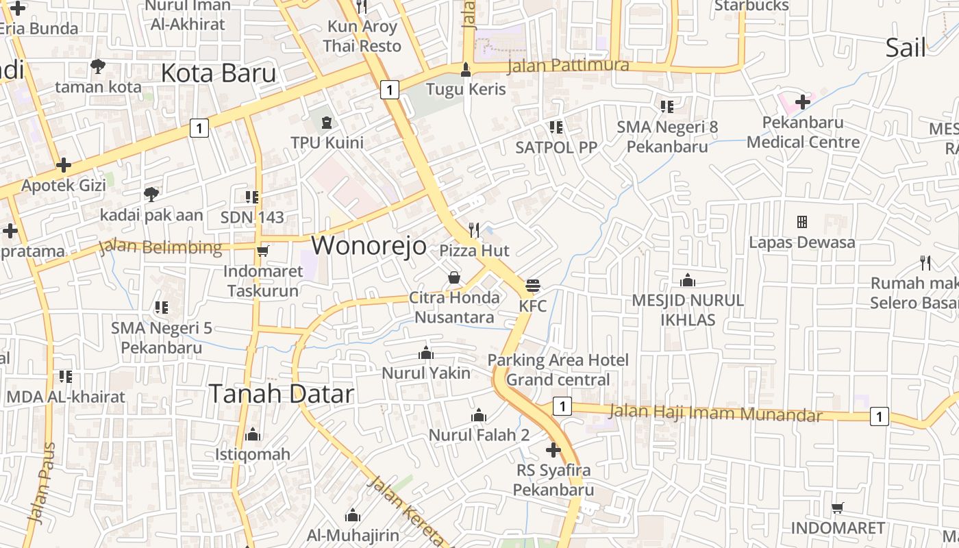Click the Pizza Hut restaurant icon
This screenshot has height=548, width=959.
(473, 230)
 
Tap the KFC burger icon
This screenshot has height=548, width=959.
(533, 286)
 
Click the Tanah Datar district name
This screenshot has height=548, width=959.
(281, 394)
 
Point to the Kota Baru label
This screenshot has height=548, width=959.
(218, 73)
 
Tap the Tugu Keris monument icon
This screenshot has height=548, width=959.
(466, 69)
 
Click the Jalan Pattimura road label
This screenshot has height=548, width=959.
(568, 66)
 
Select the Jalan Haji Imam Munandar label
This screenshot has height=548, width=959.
(715, 413)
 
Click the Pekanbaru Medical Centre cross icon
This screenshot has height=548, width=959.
(802, 103)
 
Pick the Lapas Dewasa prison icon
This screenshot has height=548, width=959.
(801, 222)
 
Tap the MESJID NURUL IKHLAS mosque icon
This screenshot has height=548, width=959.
(687, 280)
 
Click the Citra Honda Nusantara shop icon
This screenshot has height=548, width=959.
(453, 277)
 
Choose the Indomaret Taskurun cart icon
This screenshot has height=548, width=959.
(262, 251)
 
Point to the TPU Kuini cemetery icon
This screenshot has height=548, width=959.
(327, 123)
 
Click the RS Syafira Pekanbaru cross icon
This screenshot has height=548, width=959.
(553, 450)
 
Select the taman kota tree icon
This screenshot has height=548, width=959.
(98, 66)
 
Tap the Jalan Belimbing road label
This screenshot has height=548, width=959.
(161, 247)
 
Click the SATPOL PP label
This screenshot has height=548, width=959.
(556, 147)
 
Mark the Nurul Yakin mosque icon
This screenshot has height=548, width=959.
(426, 353)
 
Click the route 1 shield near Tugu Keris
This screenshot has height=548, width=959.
(389, 89)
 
